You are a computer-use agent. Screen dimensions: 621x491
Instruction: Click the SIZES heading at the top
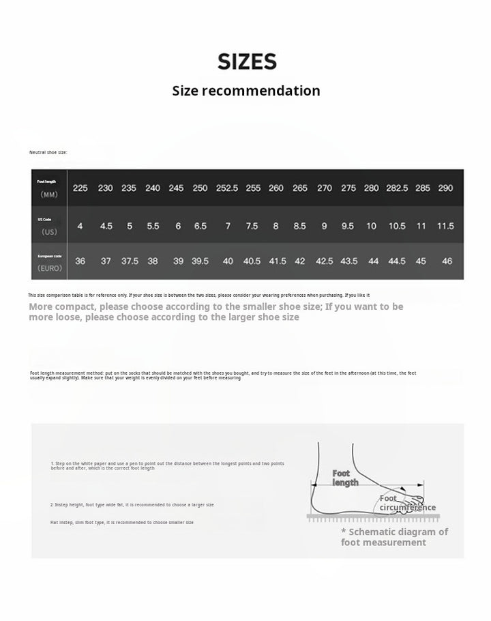247,62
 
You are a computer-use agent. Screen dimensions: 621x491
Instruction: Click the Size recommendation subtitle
245,91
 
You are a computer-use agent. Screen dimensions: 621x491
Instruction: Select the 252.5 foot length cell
226,188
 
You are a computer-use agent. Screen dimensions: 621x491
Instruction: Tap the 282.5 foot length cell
397,188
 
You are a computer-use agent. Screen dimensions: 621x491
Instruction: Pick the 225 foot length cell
80,188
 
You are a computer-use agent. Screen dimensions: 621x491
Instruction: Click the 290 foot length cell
445,188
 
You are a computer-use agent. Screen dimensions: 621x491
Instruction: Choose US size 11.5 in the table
445,226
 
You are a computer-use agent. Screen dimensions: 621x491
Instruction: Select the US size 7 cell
227,226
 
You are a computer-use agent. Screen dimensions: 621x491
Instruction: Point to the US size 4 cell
80,226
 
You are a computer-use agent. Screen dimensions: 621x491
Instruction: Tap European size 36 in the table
80,261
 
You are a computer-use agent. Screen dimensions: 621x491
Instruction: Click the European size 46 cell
447,261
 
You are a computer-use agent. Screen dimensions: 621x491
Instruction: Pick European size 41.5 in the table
278,261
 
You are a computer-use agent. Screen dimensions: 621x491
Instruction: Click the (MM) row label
49,194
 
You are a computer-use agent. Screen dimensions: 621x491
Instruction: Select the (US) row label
49,232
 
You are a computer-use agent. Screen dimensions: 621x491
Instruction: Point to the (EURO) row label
49,268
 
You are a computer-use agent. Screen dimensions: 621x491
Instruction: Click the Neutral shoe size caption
48,152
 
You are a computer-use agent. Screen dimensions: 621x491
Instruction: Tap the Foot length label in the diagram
344,478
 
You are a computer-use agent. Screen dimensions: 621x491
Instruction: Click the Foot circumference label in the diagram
406,503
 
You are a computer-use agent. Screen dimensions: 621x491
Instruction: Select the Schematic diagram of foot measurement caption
394,537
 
